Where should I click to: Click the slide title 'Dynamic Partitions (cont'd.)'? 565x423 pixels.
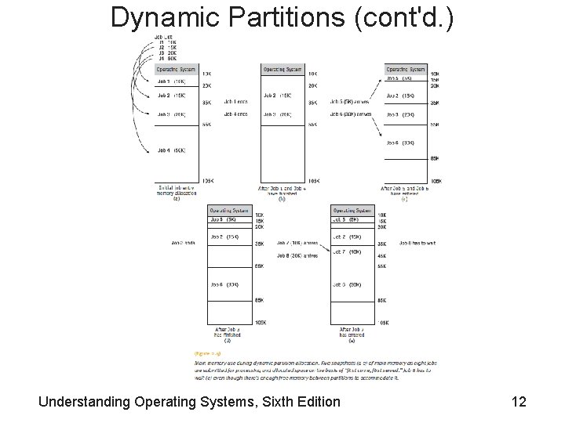(282, 16)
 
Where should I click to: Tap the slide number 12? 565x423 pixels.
(518, 402)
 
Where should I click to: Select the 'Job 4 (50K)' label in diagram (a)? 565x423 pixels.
(171, 150)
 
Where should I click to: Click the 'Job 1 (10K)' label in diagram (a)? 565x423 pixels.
(171, 81)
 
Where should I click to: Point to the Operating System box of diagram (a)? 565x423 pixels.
(178, 69)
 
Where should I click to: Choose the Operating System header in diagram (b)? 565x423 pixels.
(282, 69)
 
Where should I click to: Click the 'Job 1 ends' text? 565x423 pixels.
(235, 101)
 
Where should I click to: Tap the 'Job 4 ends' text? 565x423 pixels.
(235, 114)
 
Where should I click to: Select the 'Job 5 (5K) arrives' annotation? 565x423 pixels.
(349, 101)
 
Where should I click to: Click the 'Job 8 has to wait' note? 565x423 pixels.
(418, 243)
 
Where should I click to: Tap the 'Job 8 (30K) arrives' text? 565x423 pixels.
(297, 255)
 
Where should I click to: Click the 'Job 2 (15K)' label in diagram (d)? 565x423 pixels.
(224, 237)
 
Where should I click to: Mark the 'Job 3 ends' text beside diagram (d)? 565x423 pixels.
(183, 243)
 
